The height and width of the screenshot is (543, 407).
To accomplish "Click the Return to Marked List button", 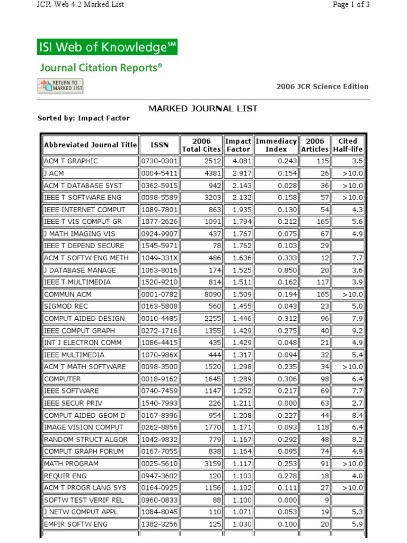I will [x=60, y=85].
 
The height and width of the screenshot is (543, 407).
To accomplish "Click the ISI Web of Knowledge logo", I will [x=107, y=47].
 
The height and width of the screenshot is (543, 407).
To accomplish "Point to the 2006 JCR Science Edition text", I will [x=322, y=86].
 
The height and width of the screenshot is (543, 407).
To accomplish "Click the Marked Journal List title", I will [x=203, y=108].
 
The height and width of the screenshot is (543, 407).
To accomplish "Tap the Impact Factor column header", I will [x=238, y=145].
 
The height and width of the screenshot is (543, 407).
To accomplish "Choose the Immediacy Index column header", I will [x=276, y=145].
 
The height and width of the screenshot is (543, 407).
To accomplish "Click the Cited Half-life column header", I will [x=348, y=145].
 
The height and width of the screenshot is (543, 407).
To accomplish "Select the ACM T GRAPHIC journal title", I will [x=71, y=161].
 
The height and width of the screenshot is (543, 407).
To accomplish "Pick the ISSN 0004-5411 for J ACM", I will [x=159, y=173].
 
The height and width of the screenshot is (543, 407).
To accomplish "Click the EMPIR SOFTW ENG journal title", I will [x=76, y=524].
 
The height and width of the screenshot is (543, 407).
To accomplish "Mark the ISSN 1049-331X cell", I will [x=159, y=258].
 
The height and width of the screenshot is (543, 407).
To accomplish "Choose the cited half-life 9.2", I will [x=356, y=330].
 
